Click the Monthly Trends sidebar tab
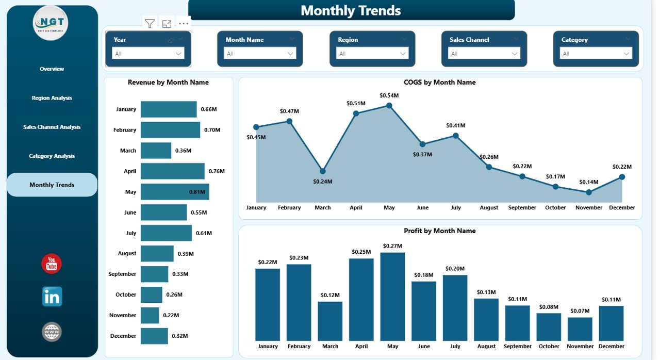52,185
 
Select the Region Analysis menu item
52,98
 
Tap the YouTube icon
52,264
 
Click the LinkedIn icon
52,297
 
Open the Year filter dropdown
148,54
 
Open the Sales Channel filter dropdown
484,54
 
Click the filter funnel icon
150,24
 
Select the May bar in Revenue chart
175,192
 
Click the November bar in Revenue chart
150,315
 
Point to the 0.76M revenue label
217,171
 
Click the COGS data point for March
322,171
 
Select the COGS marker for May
389,105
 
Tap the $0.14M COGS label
588,182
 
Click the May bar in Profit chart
392,296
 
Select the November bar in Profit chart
580,329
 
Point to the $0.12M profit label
330,295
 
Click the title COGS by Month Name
440,83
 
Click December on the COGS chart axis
622,207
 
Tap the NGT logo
51,24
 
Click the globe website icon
52,332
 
